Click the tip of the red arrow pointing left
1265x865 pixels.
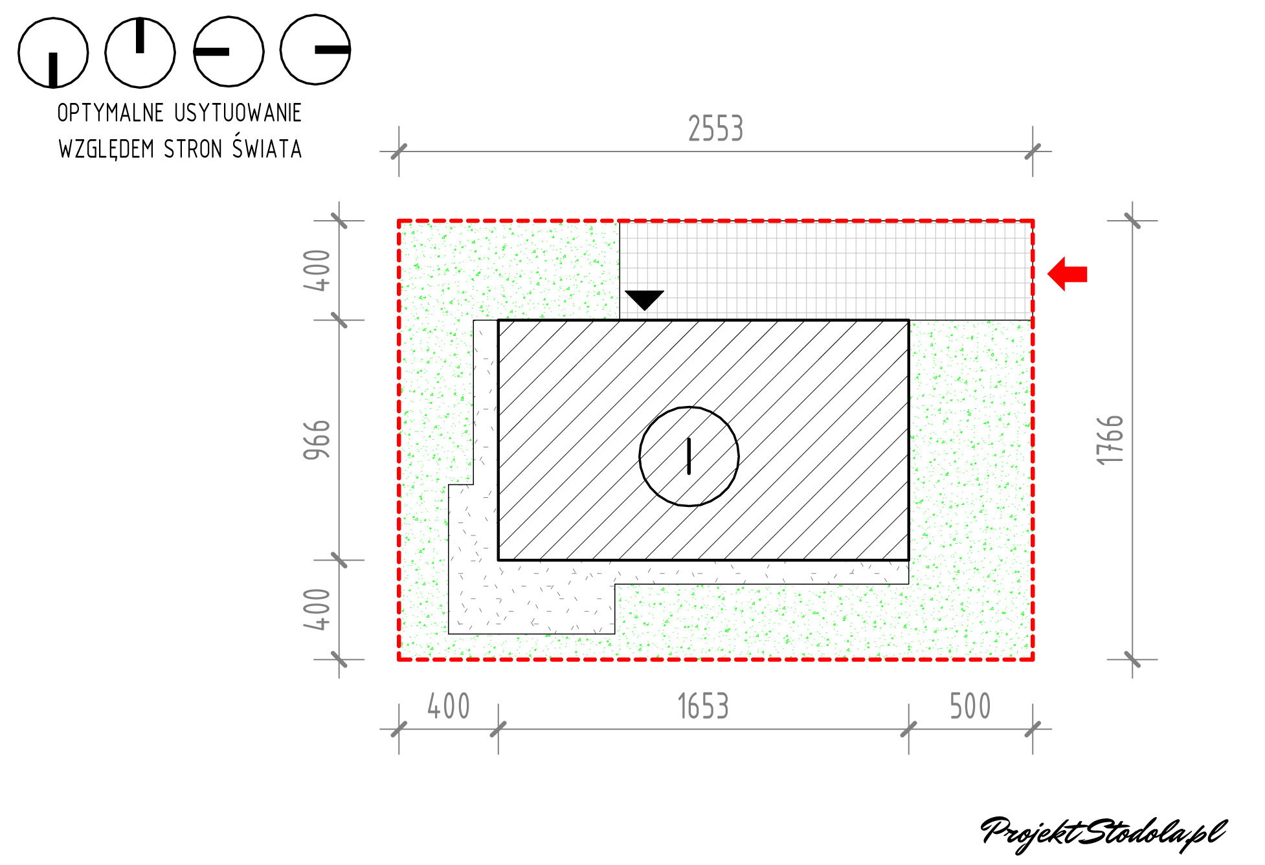point(1048,274)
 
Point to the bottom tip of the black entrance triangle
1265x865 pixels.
point(644,310)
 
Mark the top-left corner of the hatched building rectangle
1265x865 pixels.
point(498,320)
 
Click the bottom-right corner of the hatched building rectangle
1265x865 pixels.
point(909,560)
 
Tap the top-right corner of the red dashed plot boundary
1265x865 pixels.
point(1033,221)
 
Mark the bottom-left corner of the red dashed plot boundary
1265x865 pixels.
point(399,660)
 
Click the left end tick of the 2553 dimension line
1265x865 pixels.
point(399,152)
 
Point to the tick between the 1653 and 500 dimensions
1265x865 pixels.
point(909,730)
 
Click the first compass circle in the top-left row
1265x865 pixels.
point(53,53)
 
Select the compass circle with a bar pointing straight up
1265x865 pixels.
point(140,52)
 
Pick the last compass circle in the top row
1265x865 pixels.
point(315,50)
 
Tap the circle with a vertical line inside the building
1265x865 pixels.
point(689,456)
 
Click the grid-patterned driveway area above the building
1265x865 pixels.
point(826,271)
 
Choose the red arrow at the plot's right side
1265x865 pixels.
point(1067,274)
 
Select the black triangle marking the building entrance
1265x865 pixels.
point(644,300)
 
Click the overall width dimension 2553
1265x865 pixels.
point(715,128)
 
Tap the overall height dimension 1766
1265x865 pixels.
point(1110,440)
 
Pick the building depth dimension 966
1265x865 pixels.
point(317,440)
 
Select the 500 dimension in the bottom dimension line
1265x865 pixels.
point(970,706)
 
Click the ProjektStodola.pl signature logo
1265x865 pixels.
point(1104,834)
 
